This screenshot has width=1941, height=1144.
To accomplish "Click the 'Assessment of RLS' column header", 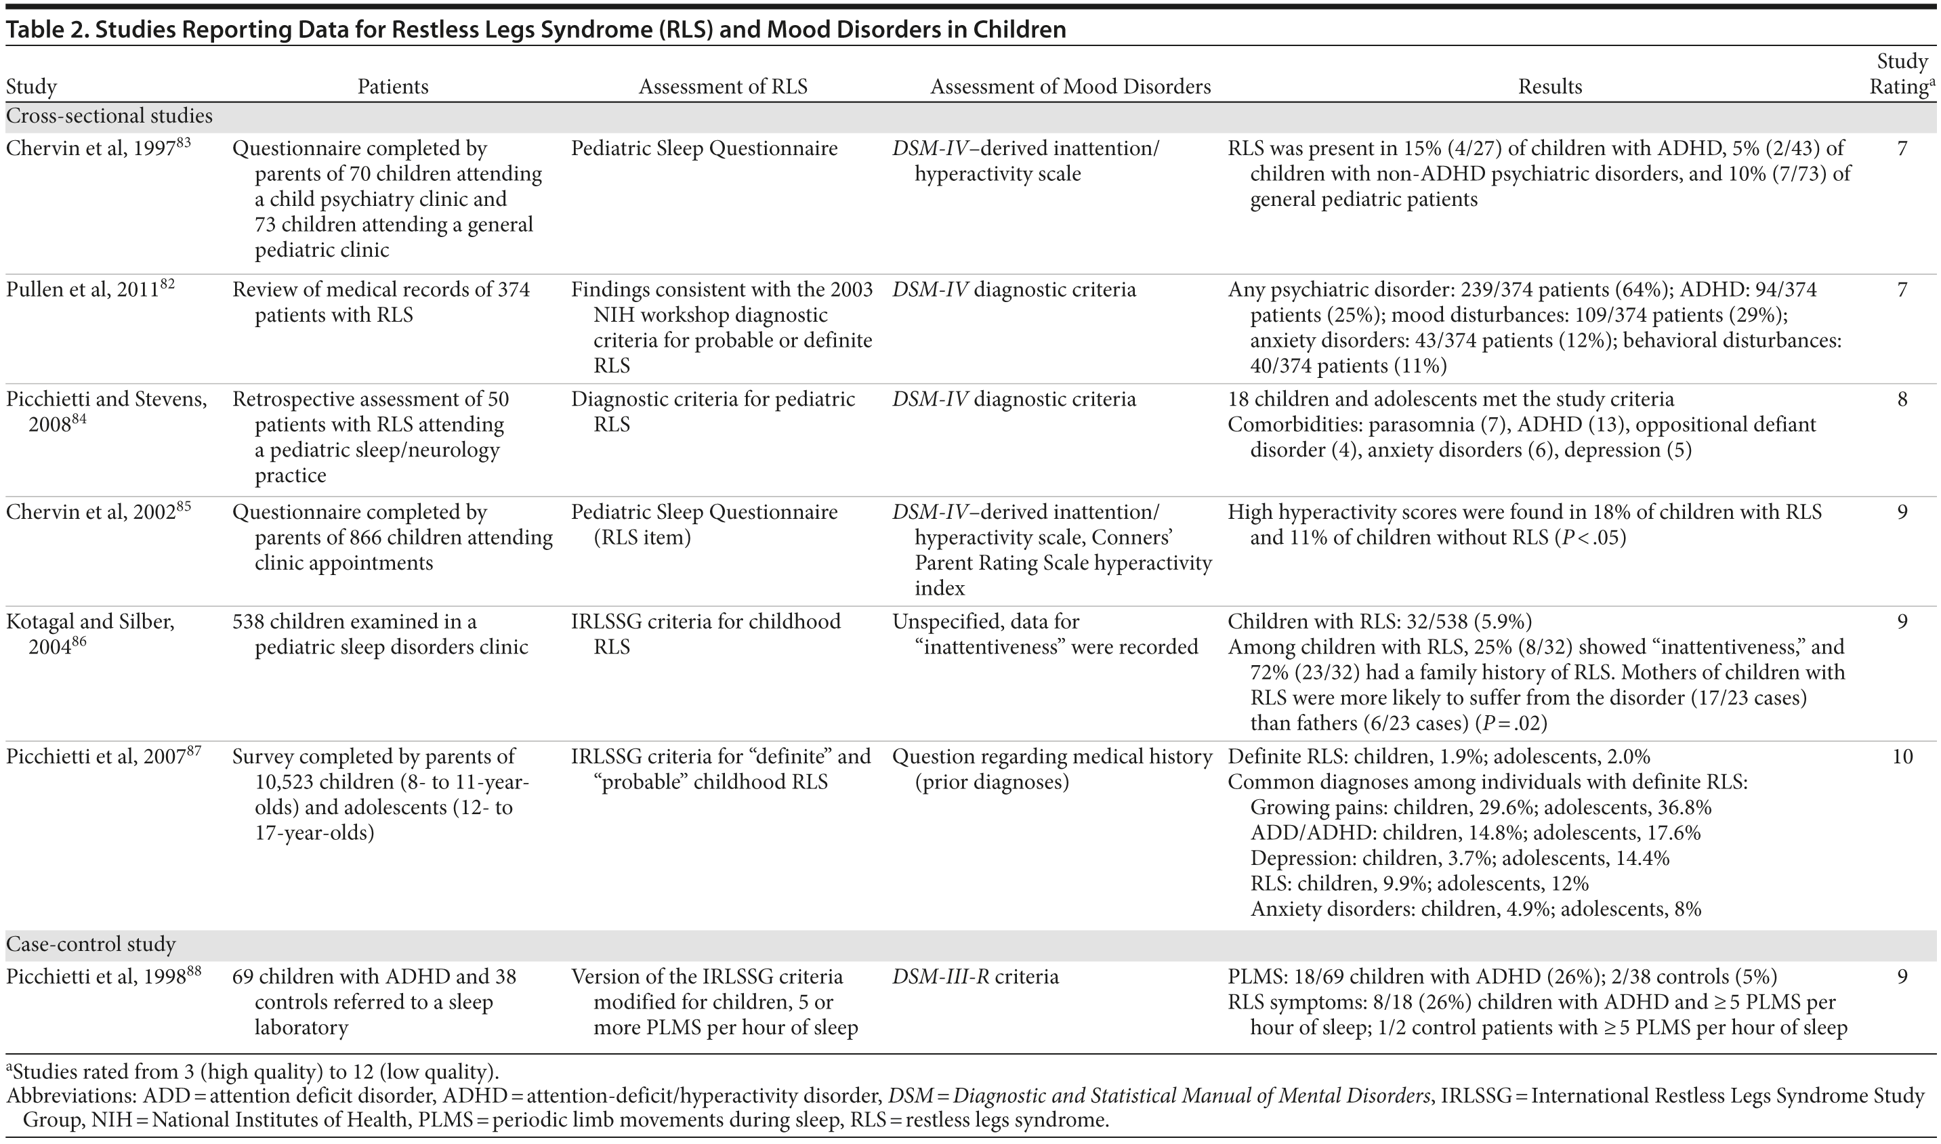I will (x=722, y=86).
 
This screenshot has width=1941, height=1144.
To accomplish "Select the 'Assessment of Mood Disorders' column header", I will (x=1070, y=86).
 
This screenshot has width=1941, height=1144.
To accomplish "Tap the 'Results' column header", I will (x=1549, y=86).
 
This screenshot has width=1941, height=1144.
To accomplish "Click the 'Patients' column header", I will (x=392, y=86).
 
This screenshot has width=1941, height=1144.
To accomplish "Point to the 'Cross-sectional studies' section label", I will (x=110, y=116).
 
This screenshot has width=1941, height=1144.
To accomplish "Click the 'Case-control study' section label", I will (x=91, y=944).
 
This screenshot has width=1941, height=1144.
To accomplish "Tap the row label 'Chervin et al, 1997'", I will (x=90, y=148).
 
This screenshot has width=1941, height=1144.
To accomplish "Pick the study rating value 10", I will (x=1902, y=757).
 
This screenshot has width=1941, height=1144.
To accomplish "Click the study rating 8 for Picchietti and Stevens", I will (x=1902, y=400).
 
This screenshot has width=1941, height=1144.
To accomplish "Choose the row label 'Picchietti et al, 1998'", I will (x=95, y=977).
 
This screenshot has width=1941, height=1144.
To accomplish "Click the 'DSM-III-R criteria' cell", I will (x=975, y=977).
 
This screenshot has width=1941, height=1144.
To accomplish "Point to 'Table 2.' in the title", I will (x=46, y=29).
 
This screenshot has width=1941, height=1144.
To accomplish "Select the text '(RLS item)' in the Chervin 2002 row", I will (x=642, y=537).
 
